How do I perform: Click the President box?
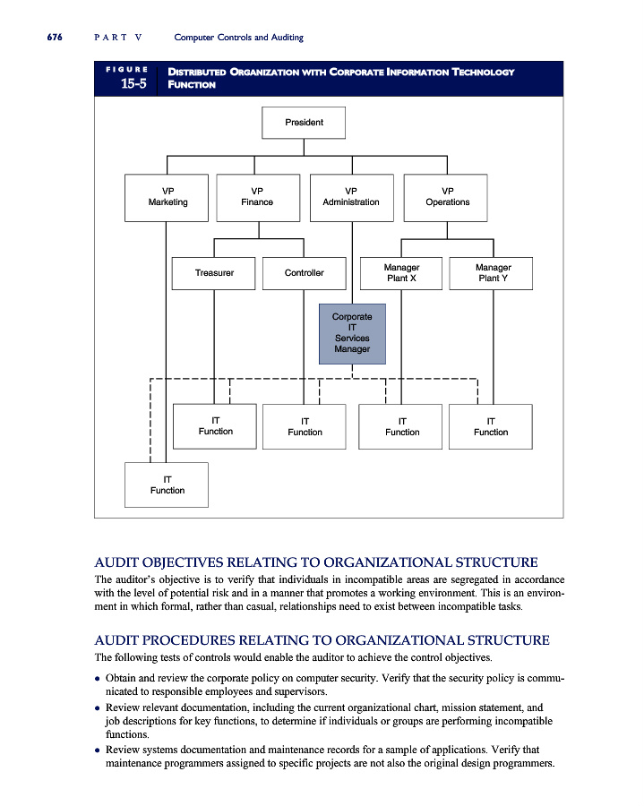pyautogui.click(x=304, y=123)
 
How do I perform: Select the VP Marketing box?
pyautogui.click(x=167, y=197)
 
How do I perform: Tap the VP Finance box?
pyautogui.click(x=257, y=197)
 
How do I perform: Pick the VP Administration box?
pyautogui.click(x=350, y=197)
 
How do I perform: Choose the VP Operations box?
pyautogui.click(x=448, y=197)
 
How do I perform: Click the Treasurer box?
pyautogui.click(x=214, y=273)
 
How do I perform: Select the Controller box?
pyautogui.click(x=304, y=273)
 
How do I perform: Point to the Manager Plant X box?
pyautogui.click(x=401, y=273)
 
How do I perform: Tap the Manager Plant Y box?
pyautogui.click(x=493, y=273)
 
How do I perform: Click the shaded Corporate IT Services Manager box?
pyautogui.click(x=352, y=333)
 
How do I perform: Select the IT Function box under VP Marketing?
pyautogui.click(x=167, y=484)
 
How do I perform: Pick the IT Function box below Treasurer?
pyautogui.click(x=215, y=425)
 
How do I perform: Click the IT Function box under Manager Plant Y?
pyautogui.click(x=491, y=426)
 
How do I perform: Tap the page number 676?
pyautogui.click(x=47, y=37)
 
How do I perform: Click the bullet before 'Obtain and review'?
pyautogui.click(x=98, y=679)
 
